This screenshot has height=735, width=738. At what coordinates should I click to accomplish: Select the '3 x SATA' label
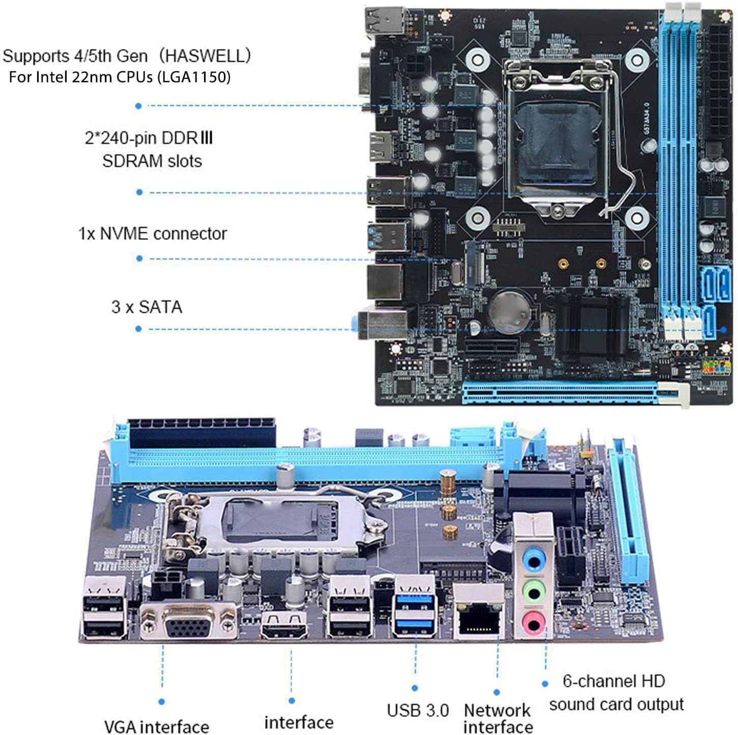point(147,307)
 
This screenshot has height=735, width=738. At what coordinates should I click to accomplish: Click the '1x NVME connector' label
point(152,234)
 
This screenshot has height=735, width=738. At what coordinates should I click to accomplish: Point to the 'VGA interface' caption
point(156,726)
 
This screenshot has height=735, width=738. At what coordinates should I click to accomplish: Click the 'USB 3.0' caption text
point(418,710)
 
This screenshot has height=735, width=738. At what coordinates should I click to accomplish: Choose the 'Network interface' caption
point(498,718)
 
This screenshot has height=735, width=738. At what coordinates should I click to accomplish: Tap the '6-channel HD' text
point(614,681)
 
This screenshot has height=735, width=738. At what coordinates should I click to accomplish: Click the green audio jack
point(533,592)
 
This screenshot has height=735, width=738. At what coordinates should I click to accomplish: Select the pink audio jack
point(533,621)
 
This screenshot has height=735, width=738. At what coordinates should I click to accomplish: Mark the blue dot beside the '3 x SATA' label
point(138,329)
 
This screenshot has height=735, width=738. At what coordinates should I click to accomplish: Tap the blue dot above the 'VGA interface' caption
point(161,701)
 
